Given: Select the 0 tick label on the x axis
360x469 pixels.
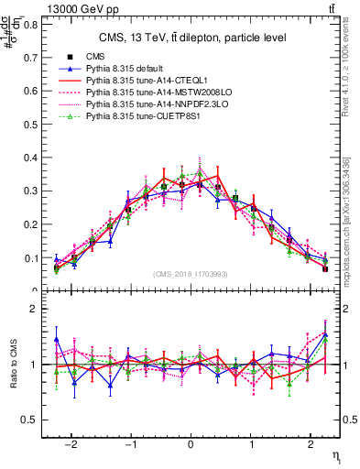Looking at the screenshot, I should [187, 441].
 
